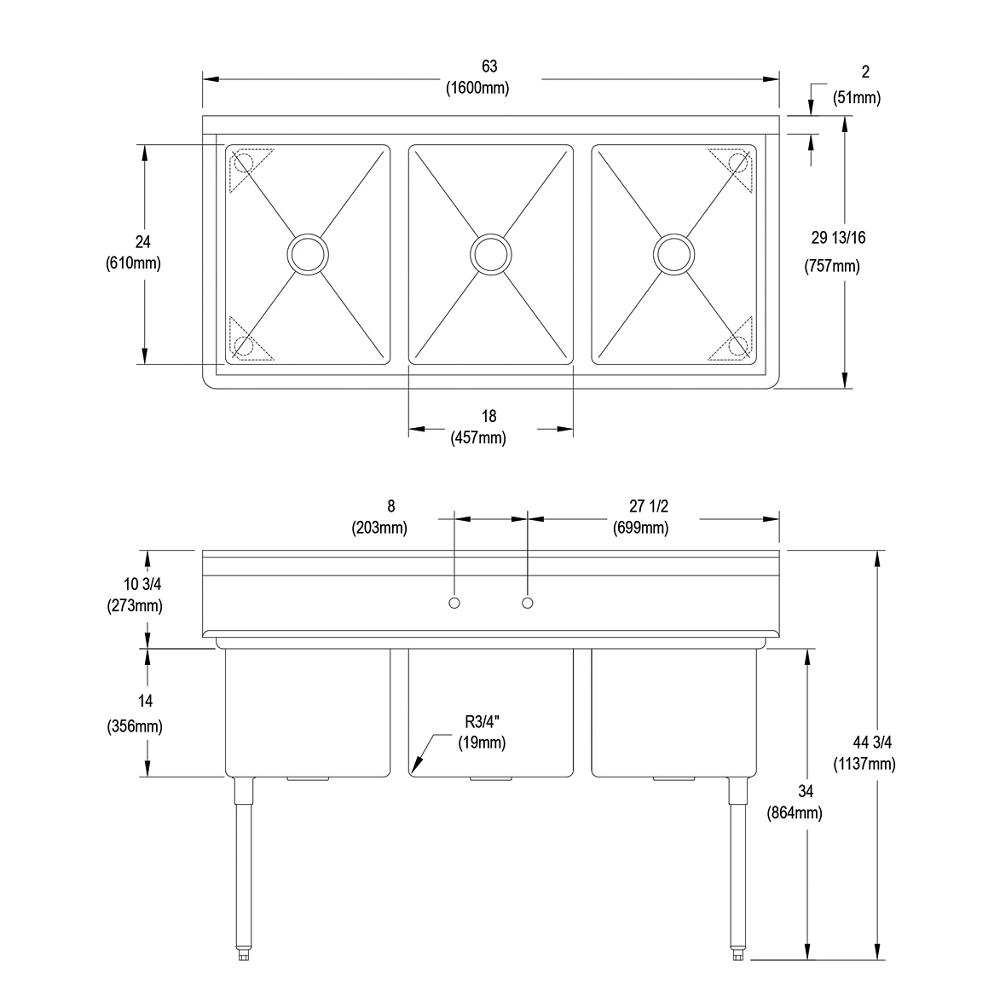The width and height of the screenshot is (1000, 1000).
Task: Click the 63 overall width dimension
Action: [489, 67]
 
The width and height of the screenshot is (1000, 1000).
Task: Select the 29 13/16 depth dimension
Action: [838, 237]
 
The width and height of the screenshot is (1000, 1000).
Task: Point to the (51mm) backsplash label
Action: [857, 97]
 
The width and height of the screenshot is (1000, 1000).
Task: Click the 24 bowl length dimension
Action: [143, 240]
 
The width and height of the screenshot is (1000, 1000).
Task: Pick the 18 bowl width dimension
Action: [489, 416]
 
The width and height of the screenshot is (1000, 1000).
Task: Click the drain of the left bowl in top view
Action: [307, 253]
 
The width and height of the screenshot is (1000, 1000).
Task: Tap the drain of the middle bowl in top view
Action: [490, 253]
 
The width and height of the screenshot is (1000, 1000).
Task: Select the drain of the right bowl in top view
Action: [673, 253]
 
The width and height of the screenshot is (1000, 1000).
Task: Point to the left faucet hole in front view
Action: [453, 603]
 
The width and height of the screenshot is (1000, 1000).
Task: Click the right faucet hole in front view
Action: [527, 603]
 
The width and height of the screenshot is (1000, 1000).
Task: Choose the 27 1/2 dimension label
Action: [640, 508]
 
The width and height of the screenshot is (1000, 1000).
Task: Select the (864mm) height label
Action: [794, 814]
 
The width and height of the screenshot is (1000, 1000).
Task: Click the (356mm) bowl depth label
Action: [134, 727]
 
